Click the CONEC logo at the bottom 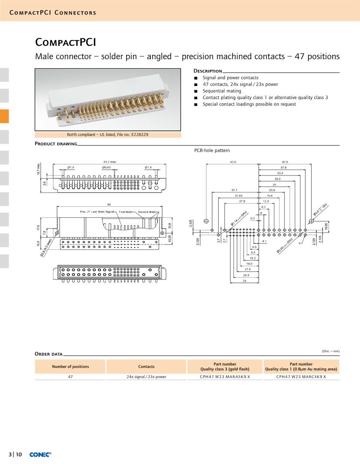click(x=40, y=454)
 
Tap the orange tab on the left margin click(x=4, y=116)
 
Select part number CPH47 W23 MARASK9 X click(x=225, y=377)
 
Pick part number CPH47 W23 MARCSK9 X click(x=301, y=377)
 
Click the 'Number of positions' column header click(x=70, y=367)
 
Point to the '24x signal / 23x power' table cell click(x=147, y=377)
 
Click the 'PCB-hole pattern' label click(x=212, y=150)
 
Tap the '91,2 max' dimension click(x=110, y=162)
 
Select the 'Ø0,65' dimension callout click(x=107, y=167)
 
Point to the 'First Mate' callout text click(x=126, y=212)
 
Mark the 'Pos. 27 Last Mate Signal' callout click(x=99, y=212)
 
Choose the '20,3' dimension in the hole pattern click(x=246, y=275)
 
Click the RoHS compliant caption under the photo click(x=107, y=135)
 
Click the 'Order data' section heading click(x=48, y=354)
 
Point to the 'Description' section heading click(x=207, y=71)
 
